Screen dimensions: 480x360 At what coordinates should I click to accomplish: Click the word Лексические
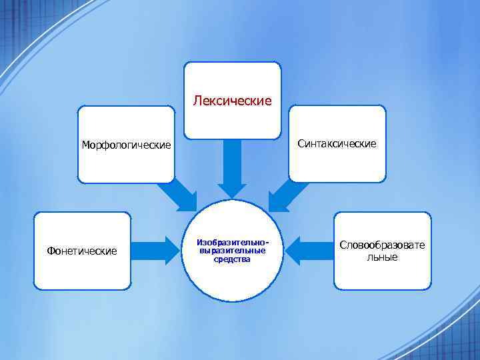pos(232,101)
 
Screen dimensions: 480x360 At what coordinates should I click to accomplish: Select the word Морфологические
pos(126,145)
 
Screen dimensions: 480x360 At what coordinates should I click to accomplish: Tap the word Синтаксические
pos(337,143)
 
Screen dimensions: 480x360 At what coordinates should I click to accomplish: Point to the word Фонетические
pos(82,251)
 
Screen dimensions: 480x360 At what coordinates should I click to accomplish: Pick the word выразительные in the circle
pos(232,251)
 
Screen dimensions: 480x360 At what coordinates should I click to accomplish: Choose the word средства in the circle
pos(232,259)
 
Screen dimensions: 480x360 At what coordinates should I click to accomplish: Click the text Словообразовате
pos(382,245)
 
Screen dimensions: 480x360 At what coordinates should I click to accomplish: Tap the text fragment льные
pos(382,257)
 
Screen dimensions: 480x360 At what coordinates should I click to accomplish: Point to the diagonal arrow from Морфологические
pos(178,197)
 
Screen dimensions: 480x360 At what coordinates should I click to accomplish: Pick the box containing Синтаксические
pos(337,163)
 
